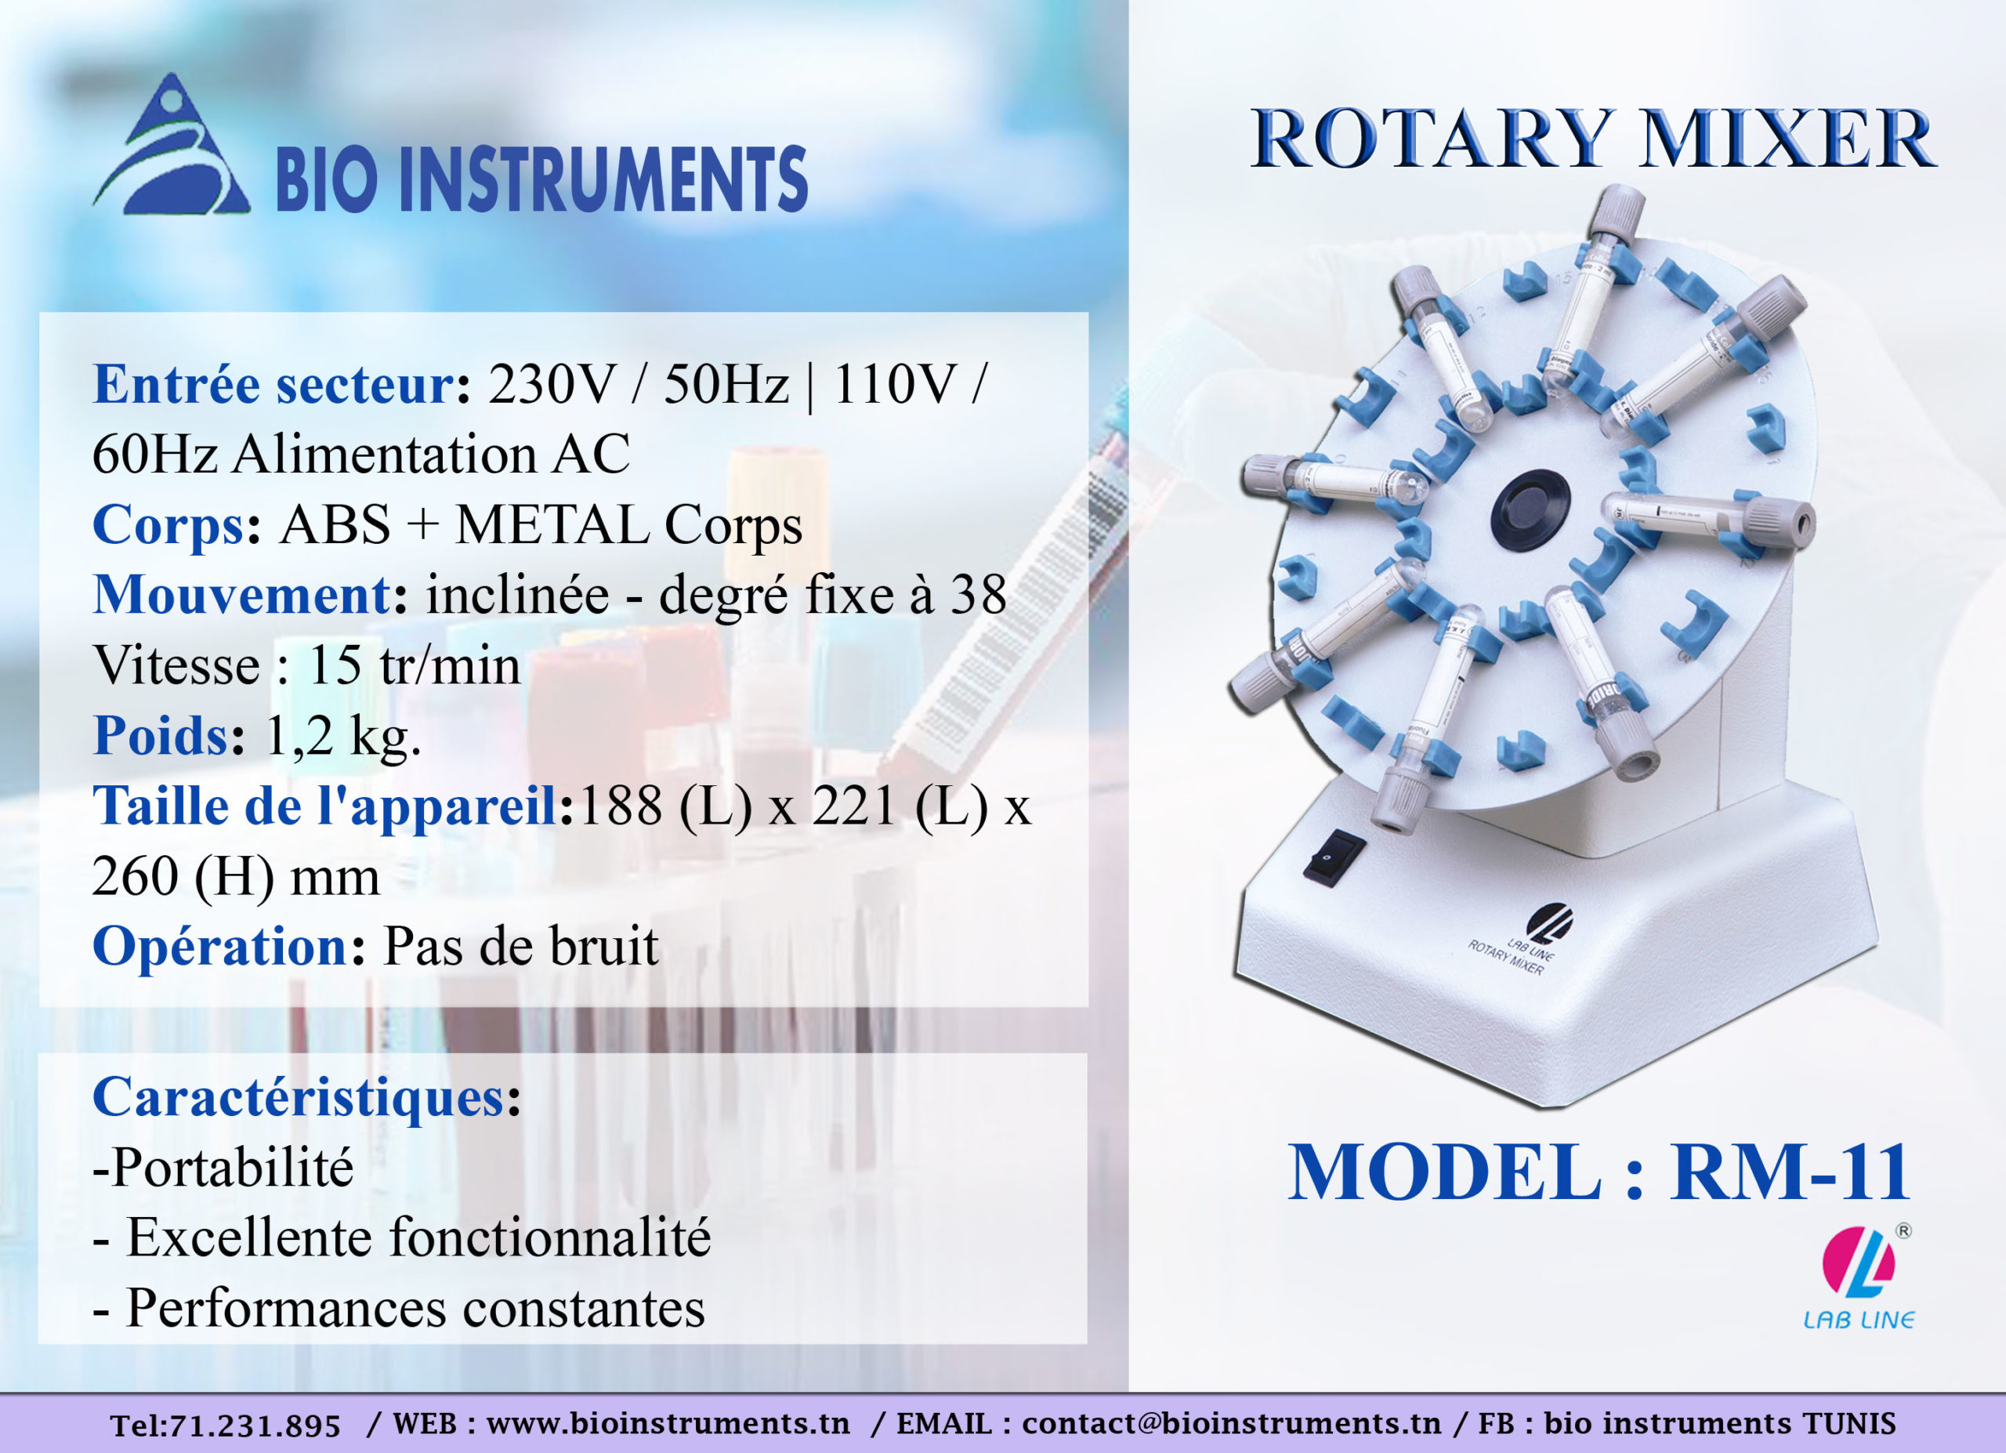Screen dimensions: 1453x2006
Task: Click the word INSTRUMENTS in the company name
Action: [x=604, y=179]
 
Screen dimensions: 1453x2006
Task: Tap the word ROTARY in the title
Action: [x=1432, y=140]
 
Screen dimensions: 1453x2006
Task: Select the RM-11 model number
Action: [x=1788, y=1173]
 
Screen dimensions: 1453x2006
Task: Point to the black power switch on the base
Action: [x=1333, y=855]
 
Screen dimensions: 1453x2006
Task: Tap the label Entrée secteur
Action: [x=273, y=386]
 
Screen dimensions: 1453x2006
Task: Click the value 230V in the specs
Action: [x=550, y=386]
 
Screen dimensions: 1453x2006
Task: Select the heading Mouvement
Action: [x=241, y=595]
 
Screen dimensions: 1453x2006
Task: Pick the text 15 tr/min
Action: [x=413, y=666]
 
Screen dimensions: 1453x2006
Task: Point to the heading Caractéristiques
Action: [x=298, y=1099]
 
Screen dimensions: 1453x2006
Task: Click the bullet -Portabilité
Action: [x=223, y=1169]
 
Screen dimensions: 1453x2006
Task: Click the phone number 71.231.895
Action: [x=255, y=1426]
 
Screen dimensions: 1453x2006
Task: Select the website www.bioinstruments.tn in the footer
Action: [x=668, y=1424]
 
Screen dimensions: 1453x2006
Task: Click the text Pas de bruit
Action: [x=520, y=948]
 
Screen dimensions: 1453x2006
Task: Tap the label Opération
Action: [x=220, y=948]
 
